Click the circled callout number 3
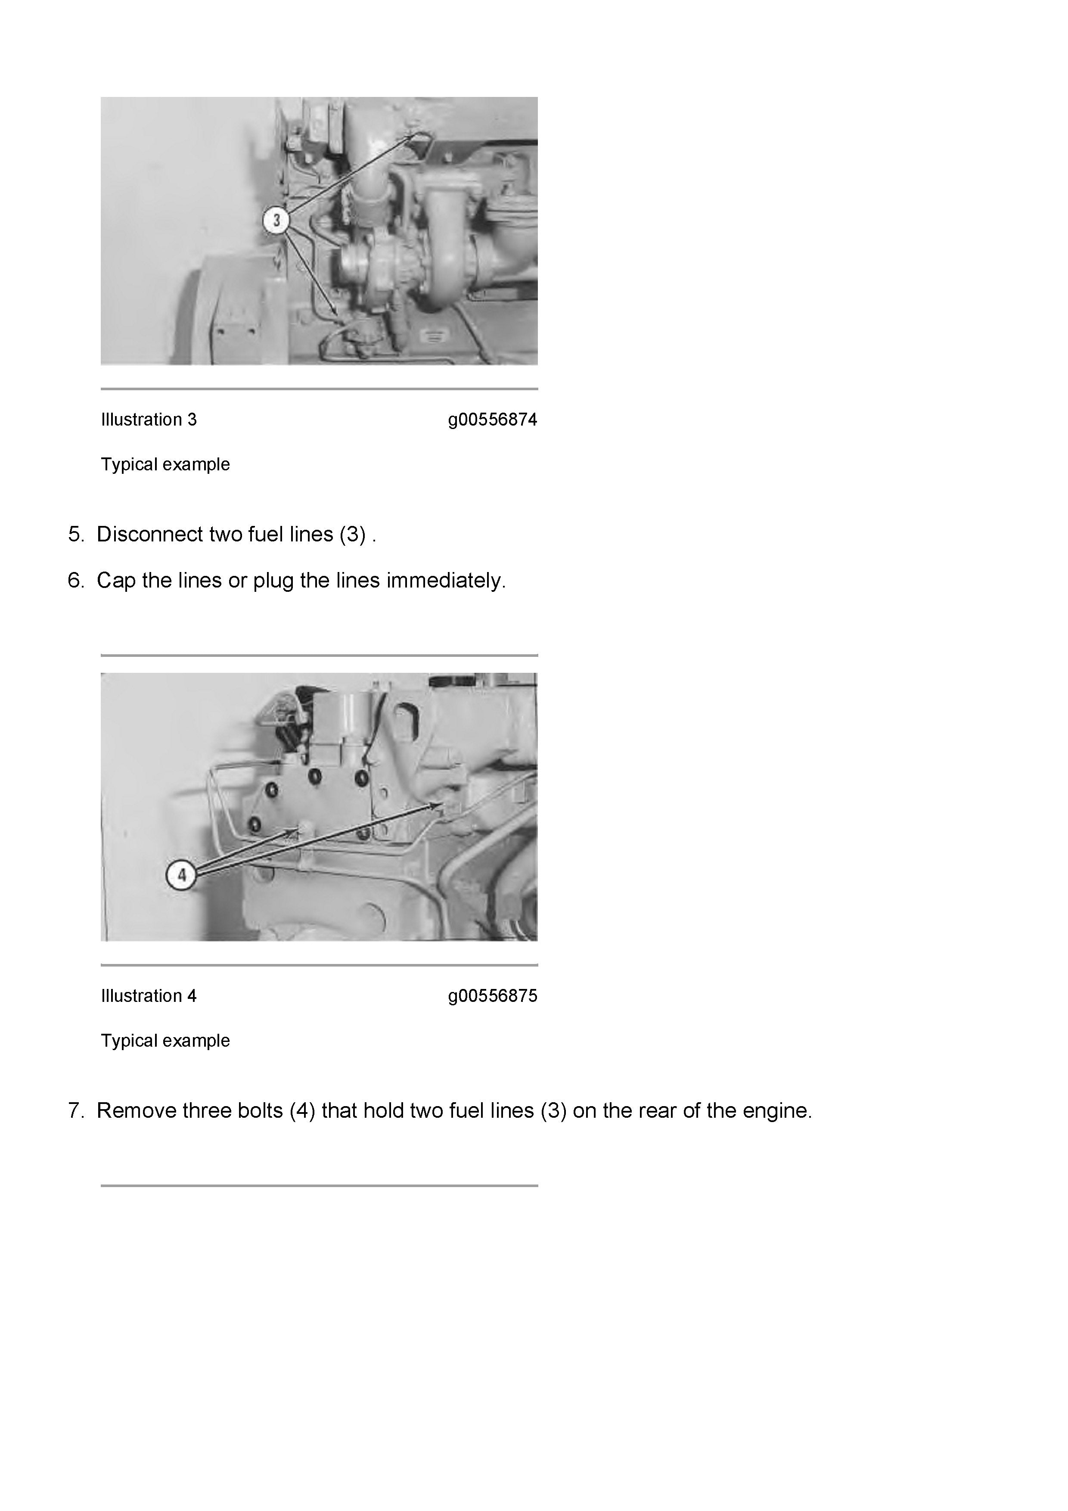[x=276, y=220]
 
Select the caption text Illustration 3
[x=149, y=419]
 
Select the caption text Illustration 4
[x=149, y=996]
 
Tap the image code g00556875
[x=493, y=996]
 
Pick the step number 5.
[x=76, y=535]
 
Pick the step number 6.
[x=76, y=581]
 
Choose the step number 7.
[x=76, y=1111]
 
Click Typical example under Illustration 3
[x=165, y=465]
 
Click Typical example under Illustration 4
[x=165, y=1041]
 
